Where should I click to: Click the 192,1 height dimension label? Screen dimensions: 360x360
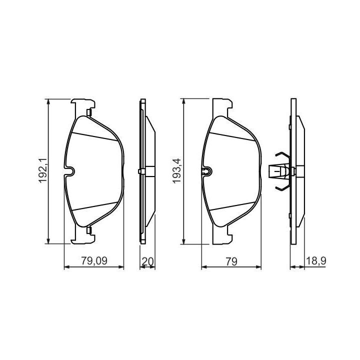coord(42,170)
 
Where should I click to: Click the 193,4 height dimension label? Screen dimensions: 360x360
coord(177,170)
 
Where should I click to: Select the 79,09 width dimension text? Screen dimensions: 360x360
coord(94,261)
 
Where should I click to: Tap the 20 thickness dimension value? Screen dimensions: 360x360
coord(148,261)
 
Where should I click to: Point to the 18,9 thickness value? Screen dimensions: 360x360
coord(316,261)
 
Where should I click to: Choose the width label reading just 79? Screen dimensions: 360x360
coord(231,261)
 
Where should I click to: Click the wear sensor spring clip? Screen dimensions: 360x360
coord(280,171)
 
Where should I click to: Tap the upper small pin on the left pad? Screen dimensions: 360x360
coord(89,112)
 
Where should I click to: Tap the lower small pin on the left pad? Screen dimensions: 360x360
coord(89,230)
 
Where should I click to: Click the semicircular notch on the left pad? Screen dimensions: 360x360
coord(70,171)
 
